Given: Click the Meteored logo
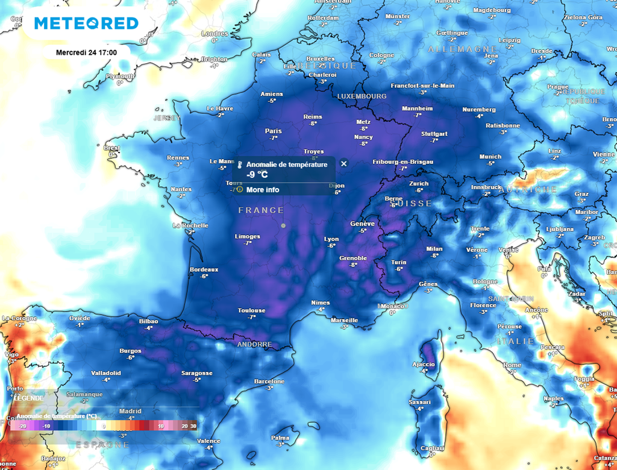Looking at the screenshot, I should pyautogui.click(x=86, y=23).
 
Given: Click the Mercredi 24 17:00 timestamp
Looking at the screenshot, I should pyautogui.click(x=86, y=52).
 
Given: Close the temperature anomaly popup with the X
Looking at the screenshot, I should pyautogui.click(x=343, y=163).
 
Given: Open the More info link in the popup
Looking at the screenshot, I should pyautogui.click(x=263, y=190).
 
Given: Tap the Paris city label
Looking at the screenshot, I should pyautogui.click(x=273, y=131).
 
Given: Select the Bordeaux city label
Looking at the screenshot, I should pyautogui.click(x=204, y=269).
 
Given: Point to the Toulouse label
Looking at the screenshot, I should pyautogui.click(x=251, y=311).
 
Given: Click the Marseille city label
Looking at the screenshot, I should pyautogui.click(x=344, y=321).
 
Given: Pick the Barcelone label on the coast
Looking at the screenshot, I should pyautogui.click(x=269, y=381).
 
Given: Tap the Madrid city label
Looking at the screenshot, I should pyautogui.click(x=130, y=412).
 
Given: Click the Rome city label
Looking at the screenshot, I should pyautogui.click(x=512, y=365).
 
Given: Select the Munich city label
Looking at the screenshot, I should pyautogui.click(x=490, y=157).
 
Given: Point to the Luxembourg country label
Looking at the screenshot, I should pyautogui.click(x=362, y=96).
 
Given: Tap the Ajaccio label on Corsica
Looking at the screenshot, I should pyautogui.click(x=423, y=365).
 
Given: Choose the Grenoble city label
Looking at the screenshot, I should pyautogui.click(x=352, y=258).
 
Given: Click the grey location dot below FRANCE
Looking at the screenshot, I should pyautogui.click(x=283, y=225).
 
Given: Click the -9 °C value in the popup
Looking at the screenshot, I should pyautogui.click(x=257, y=175).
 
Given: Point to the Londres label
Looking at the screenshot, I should pyautogui.click(x=215, y=34).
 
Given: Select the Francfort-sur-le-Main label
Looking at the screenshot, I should pyautogui.click(x=422, y=86).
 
